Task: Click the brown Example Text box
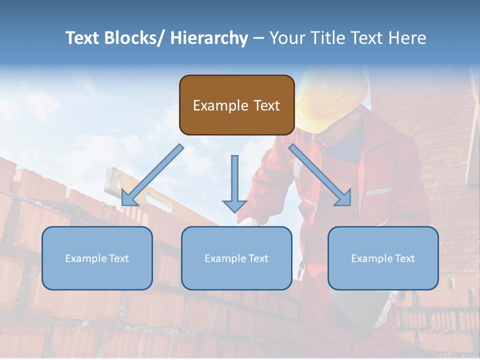[236, 105]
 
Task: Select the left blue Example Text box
[97, 258]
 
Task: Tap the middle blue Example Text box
[236, 258]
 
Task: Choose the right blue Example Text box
[383, 258]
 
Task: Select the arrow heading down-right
[320, 175]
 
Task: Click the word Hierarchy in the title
[209, 38]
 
